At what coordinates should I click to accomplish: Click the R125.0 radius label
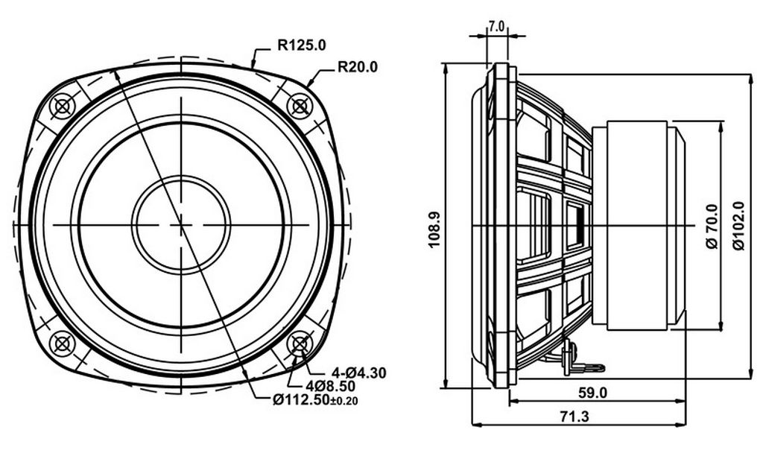pyautogui.click(x=302, y=45)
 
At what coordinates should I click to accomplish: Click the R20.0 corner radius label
pyautogui.click(x=358, y=66)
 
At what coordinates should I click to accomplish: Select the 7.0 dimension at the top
pyautogui.click(x=497, y=26)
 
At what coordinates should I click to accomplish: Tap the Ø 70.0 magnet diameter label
pyautogui.click(x=712, y=227)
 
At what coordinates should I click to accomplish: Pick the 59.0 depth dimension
pyautogui.click(x=592, y=393)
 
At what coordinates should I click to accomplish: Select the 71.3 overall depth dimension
pyautogui.click(x=574, y=417)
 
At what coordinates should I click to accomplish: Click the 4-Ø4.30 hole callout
pyautogui.click(x=358, y=373)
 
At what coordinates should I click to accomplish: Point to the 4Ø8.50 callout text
pyautogui.click(x=330, y=387)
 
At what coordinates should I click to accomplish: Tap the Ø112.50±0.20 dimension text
pyautogui.click(x=315, y=400)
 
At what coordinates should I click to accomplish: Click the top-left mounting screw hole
pyautogui.click(x=63, y=106)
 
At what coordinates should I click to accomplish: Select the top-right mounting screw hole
pyautogui.click(x=300, y=106)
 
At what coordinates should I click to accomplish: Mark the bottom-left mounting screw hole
pyautogui.click(x=63, y=344)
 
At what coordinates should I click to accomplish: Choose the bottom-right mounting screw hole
pyautogui.click(x=300, y=344)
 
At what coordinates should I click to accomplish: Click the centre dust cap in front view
pyautogui.click(x=181, y=225)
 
